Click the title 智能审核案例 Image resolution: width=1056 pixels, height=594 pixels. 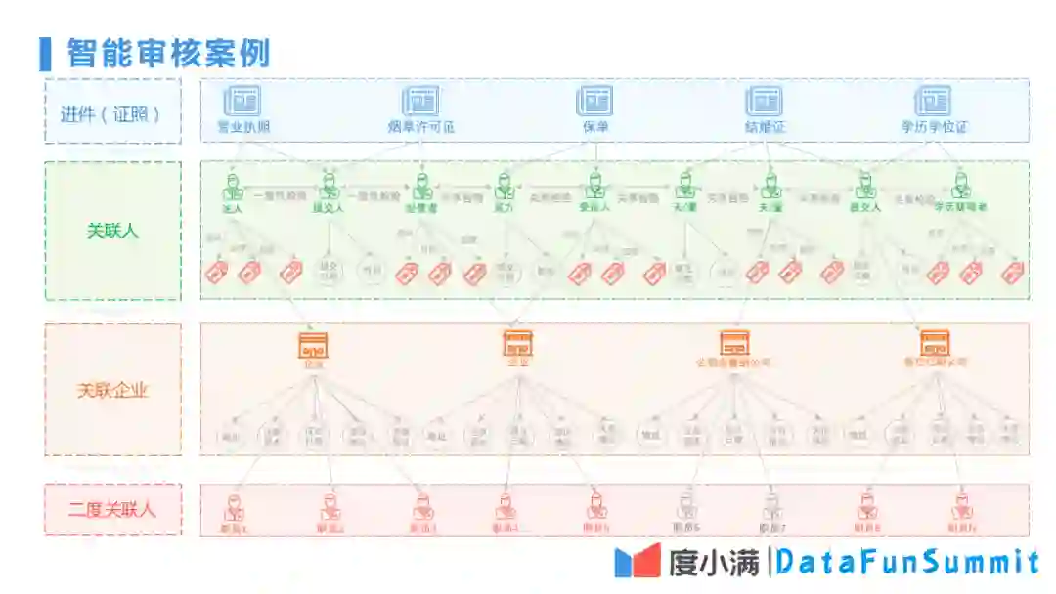(168, 53)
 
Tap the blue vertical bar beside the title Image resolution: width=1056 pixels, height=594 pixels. (45, 54)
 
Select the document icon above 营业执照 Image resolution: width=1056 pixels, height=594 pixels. (242, 101)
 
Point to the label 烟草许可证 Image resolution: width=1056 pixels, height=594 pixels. (420, 127)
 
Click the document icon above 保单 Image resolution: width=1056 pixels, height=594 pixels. (594, 101)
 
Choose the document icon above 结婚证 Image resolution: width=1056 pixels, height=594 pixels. (764, 101)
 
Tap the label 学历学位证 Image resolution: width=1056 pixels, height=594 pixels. (934, 127)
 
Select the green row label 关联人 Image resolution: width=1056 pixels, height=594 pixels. (112, 232)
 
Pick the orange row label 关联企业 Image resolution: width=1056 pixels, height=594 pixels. (112, 390)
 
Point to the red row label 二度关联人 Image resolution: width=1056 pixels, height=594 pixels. (112, 509)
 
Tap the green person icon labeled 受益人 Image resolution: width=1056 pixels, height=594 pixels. (594, 186)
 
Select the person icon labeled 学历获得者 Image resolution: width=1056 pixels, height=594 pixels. (961, 186)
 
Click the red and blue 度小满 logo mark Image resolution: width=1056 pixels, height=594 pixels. (638, 561)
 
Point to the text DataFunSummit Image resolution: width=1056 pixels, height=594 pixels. (909, 562)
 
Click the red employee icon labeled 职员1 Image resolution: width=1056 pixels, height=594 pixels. (234, 507)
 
